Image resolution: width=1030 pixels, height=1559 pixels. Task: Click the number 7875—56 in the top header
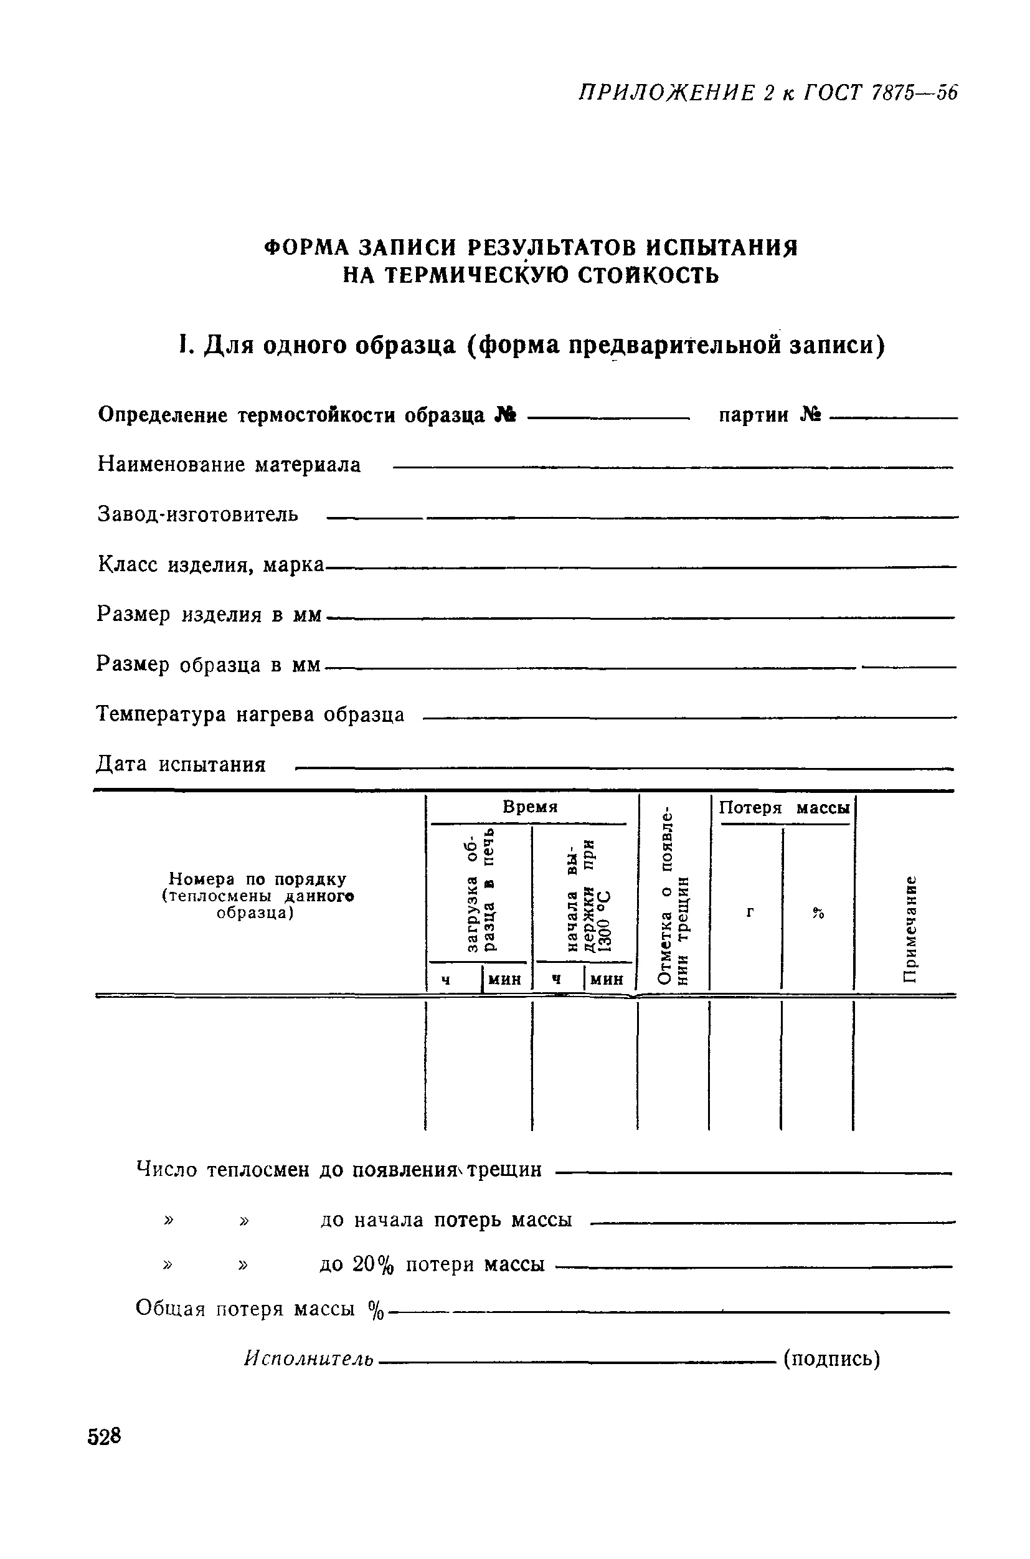click(914, 93)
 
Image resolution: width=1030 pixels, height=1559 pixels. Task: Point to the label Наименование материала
click(229, 465)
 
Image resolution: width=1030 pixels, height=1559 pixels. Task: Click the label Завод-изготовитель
click(198, 514)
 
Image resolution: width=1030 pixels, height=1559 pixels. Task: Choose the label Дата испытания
click(181, 765)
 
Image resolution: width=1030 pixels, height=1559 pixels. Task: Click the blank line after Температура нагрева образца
click(690, 718)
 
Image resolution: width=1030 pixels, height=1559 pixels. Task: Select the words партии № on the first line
click(770, 415)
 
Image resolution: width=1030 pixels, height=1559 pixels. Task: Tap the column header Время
click(530, 807)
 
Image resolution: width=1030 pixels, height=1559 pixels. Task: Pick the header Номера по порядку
click(258, 879)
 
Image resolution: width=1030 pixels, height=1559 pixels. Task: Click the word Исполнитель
click(309, 1358)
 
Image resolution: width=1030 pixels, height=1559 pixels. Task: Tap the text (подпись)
click(831, 1358)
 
